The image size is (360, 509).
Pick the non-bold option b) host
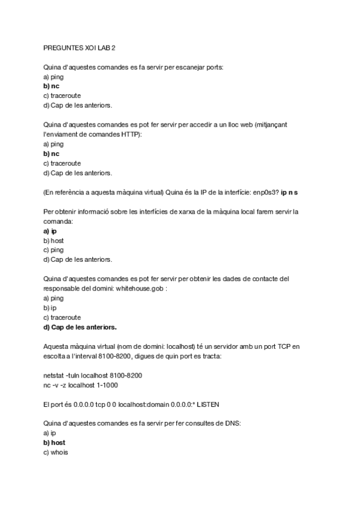(53, 240)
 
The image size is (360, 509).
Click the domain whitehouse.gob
(140, 288)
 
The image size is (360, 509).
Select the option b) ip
(50, 307)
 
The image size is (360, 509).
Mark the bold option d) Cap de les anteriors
(80, 327)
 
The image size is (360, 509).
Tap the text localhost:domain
(140, 405)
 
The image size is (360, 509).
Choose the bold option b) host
(54, 442)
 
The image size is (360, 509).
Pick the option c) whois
(56, 452)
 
